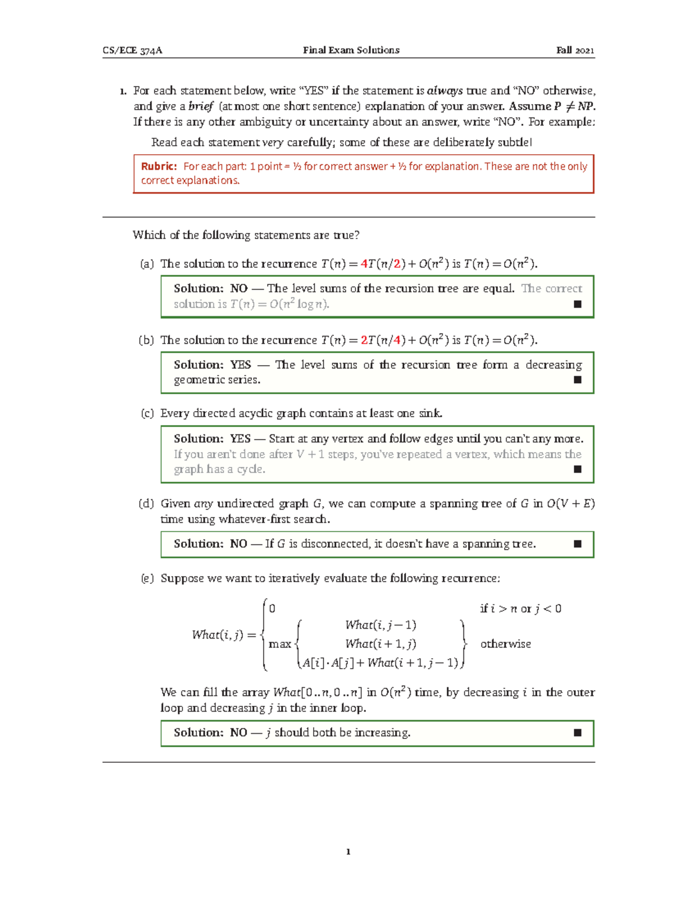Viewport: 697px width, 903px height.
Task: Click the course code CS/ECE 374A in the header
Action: [x=132, y=51]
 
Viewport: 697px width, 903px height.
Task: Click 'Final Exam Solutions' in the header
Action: [x=351, y=51]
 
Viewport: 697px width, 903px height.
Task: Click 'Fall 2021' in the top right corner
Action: [x=574, y=51]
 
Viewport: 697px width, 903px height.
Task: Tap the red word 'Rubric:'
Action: [x=159, y=166]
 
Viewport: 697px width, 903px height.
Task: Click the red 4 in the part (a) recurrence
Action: [x=364, y=264]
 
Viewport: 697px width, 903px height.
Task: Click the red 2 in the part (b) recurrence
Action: [x=364, y=340]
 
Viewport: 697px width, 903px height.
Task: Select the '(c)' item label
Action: [x=147, y=413]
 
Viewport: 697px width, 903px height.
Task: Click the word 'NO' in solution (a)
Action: [x=239, y=288]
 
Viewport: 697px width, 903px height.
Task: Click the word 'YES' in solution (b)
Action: [x=240, y=365]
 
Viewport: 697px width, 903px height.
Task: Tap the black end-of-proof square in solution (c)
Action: [x=577, y=469]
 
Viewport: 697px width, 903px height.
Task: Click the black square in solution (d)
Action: [x=577, y=544]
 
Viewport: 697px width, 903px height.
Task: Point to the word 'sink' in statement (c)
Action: [x=430, y=413]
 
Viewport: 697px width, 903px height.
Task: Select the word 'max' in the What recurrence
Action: [x=280, y=644]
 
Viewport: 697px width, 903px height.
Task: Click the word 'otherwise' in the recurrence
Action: [x=505, y=644]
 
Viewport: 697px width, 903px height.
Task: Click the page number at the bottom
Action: [x=348, y=852]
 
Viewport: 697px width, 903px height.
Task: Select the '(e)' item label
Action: [x=147, y=579]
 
